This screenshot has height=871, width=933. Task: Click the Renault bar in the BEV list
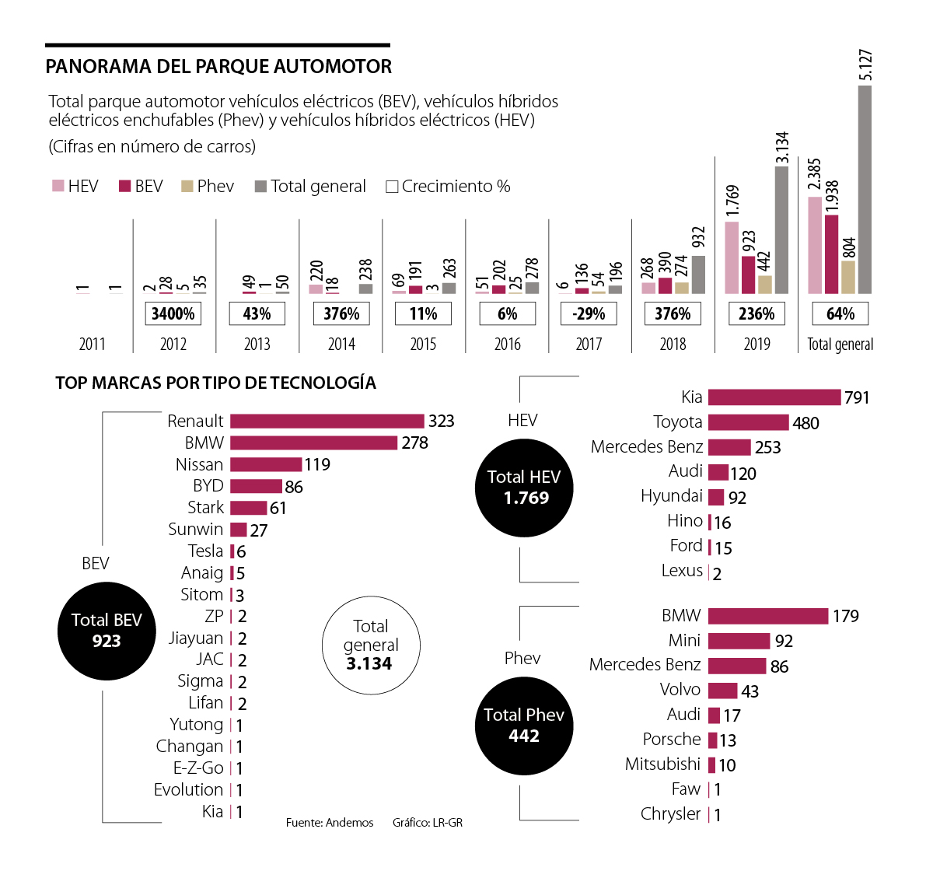[327, 421]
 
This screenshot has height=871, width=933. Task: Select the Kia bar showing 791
[774, 397]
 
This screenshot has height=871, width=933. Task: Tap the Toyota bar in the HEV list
[748, 422]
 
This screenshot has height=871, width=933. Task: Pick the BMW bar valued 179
[768, 616]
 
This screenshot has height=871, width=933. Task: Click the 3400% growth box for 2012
[173, 314]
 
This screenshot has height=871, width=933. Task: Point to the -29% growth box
[589, 314]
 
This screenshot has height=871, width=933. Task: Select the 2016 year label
[507, 345]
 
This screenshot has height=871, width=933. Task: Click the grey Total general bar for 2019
[781, 229]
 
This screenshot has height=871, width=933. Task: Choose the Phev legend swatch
[187, 187]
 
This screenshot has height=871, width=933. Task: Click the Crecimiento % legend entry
[448, 187]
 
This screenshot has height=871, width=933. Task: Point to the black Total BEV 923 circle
[107, 631]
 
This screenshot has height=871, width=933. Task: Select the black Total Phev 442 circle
[524, 726]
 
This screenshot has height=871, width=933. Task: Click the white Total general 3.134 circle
[371, 645]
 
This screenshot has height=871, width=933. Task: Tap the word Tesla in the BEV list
[205, 551]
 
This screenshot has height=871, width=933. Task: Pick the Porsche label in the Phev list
[672, 740]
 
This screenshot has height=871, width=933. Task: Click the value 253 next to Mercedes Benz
[767, 448]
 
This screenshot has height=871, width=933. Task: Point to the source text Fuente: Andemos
[330, 823]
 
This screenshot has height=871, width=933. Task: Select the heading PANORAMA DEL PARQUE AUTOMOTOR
[218, 67]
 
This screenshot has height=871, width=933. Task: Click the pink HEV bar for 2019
[732, 257]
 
